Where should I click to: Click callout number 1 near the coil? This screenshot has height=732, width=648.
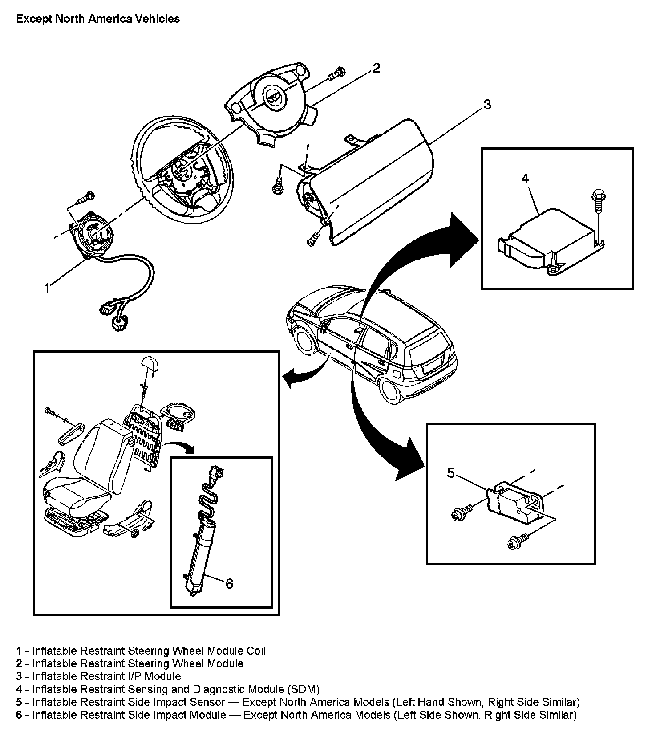tap(47, 288)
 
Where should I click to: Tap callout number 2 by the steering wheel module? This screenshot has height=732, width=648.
tap(376, 68)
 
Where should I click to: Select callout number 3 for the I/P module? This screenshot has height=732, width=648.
tap(487, 105)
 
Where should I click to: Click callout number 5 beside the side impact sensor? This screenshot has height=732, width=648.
tap(451, 473)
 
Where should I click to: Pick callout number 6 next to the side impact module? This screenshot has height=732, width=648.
tap(229, 583)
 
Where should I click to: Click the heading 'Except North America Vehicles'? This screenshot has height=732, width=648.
tap(98, 19)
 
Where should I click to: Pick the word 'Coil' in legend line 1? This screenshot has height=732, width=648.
tap(256, 651)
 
